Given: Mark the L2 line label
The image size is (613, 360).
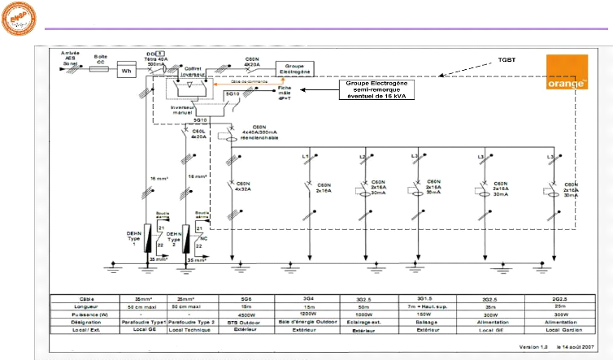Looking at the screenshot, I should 363,156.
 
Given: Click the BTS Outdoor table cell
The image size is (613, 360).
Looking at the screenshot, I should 247,321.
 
